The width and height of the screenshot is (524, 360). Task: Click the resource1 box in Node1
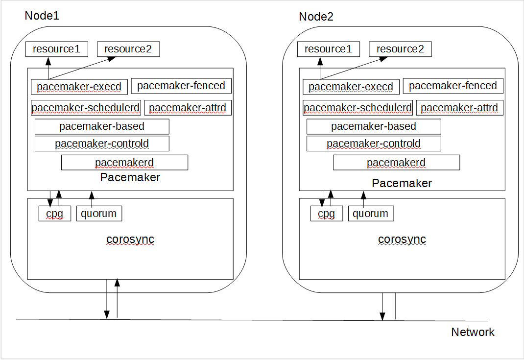56,49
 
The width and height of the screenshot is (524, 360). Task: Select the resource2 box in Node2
400,49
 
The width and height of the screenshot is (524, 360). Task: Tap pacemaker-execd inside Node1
79,87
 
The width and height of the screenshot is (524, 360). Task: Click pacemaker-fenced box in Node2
453,86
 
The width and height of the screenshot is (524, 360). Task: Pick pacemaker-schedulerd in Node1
86,108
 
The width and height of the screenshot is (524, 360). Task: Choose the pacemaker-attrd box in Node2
459,108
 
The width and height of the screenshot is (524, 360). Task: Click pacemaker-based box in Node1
102,126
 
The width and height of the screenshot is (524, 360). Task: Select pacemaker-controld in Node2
374,144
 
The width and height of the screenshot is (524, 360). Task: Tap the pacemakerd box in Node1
124,163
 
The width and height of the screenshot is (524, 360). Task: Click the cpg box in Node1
54,214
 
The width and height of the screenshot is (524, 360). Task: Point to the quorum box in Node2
371,214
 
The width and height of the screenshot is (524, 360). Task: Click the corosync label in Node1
130,240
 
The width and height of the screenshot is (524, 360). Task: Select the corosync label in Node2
402,240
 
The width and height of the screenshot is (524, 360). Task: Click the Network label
473,332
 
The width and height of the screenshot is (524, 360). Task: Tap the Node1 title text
42,16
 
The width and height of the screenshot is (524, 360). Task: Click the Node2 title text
316,17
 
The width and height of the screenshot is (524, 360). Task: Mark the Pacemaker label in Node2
402,183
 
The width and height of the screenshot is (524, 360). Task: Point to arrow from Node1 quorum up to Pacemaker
92,198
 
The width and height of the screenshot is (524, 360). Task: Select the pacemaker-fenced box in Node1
181,86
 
